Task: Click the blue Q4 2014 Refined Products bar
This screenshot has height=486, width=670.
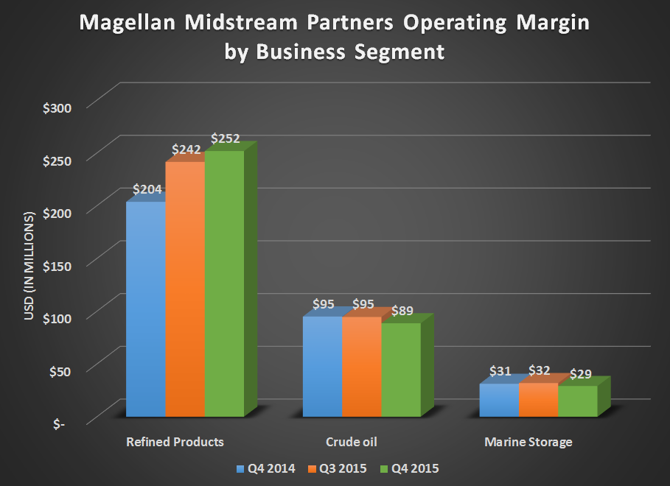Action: [x=145, y=309]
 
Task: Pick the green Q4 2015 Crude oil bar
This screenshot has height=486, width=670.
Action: [x=401, y=370]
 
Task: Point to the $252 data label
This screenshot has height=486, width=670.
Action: [x=226, y=138]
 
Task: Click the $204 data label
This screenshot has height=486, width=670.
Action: [x=147, y=189]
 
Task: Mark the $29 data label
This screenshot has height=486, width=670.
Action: [x=578, y=373]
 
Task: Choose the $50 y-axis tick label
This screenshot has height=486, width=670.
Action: [x=60, y=371]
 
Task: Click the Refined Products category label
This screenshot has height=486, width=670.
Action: [x=175, y=443]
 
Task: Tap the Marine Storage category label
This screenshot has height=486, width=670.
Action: [x=528, y=443]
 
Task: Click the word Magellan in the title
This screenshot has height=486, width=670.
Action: [x=125, y=25]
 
